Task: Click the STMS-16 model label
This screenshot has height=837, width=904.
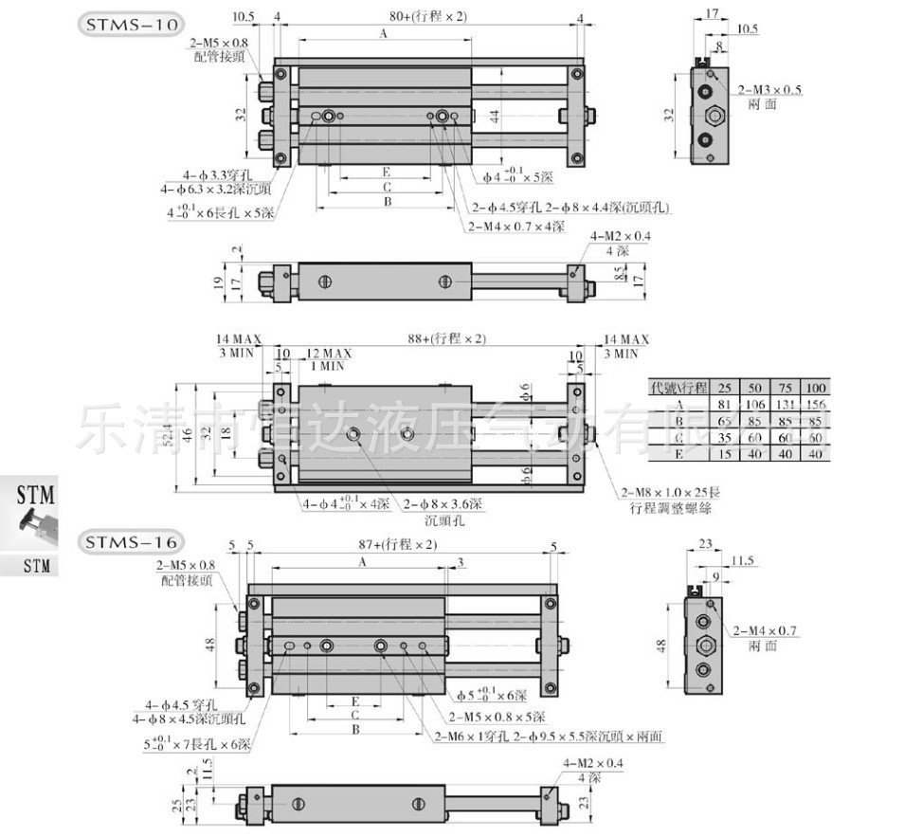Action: pyautogui.click(x=129, y=543)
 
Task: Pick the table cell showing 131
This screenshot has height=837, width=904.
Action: pyautogui.click(x=786, y=403)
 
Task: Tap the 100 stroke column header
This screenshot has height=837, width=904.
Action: pyautogui.click(x=815, y=388)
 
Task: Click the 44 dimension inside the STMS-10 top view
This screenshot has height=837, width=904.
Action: pyautogui.click(x=494, y=116)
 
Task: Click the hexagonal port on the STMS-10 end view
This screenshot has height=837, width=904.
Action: pyautogui.click(x=712, y=118)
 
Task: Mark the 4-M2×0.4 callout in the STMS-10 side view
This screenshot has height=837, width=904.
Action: pyautogui.click(x=621, y=235)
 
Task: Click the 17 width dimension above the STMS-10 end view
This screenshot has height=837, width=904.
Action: pyautogui.click(x=713, y=15)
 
